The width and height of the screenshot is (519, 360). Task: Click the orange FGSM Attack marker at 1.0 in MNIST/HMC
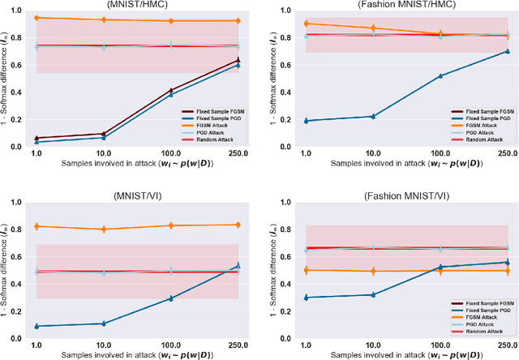(36, 18)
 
